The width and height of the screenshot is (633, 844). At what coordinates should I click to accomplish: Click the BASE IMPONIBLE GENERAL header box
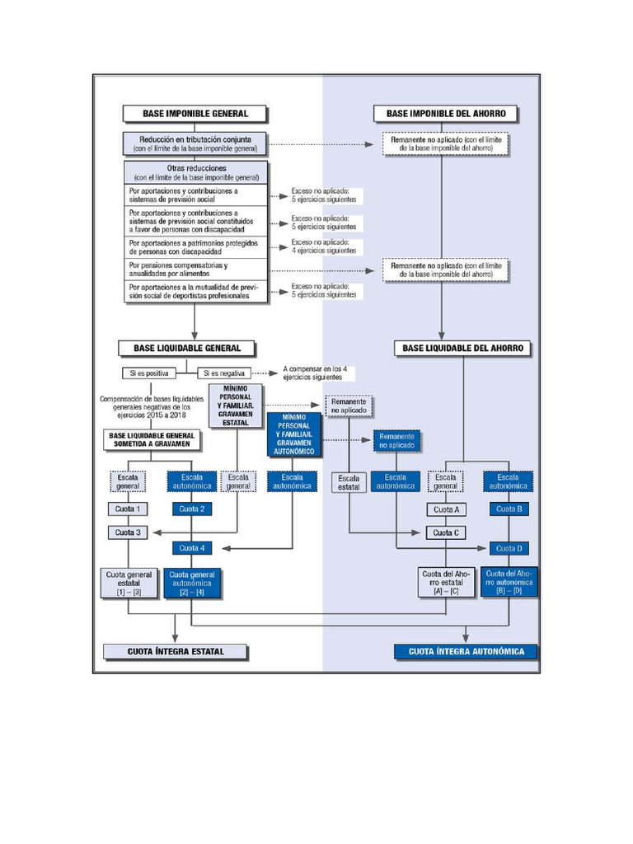(x=195, y=113)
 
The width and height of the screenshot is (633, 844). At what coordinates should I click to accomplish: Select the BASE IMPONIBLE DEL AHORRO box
(x=446, y=113)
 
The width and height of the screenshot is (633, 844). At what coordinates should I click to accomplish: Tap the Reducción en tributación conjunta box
(x=195, y=143)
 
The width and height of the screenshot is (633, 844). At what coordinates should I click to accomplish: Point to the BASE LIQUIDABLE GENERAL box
(x=187, y=348)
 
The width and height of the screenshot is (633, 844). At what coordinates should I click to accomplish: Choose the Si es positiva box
(x=151, y=373)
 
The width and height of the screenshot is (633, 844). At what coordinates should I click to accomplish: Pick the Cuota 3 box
(x=128, y=532)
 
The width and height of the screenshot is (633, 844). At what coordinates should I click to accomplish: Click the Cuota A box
(x=446, y=509)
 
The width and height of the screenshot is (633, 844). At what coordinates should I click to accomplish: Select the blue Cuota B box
(x=509, y=509)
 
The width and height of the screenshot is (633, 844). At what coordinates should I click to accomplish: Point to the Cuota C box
(x=446, y=532)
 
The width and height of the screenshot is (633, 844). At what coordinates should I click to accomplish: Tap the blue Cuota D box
(x=509, y=548)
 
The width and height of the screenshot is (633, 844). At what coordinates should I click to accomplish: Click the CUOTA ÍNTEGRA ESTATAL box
(x=176, y=651)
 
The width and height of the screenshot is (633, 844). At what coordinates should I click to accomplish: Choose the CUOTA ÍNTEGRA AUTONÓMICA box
(x=467, y=651)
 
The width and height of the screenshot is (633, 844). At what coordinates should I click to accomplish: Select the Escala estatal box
(x=349, y=482)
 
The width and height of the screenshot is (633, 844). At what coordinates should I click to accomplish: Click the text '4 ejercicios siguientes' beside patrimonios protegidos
(x=324, y=251)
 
